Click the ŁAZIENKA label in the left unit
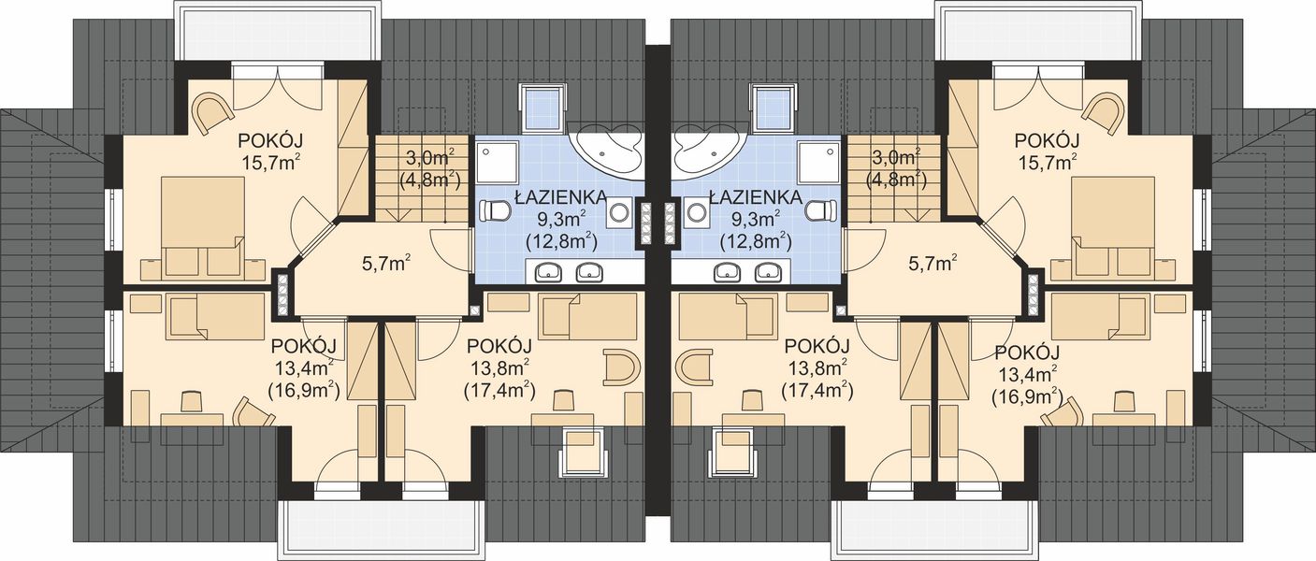click(559, 197)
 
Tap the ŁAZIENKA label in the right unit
click(756, 197)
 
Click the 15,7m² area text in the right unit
click(1047, 161)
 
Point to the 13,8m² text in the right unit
click(816, 366)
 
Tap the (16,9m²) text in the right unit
click(1026, 395)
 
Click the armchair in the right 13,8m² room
click(697, 367)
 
